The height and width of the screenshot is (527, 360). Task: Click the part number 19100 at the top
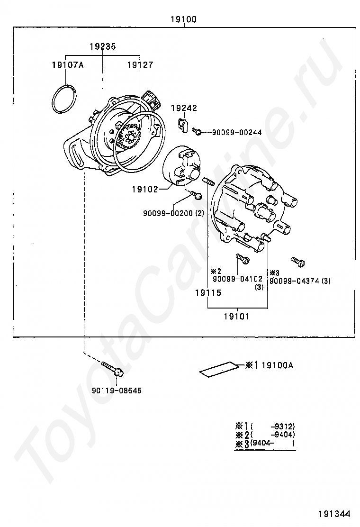click(183, 19)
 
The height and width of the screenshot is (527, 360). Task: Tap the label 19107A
click(68, 65)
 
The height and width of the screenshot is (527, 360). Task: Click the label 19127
click(140, 65)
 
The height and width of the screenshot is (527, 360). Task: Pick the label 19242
click(184, 108)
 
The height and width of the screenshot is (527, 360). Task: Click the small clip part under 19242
click(183, 125)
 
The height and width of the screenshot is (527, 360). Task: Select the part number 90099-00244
click(236, 132)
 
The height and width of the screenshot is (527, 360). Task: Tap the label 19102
click(145, 189)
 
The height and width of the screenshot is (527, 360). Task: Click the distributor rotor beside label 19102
click(182, 168)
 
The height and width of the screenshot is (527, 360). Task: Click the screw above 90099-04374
click(297, 261)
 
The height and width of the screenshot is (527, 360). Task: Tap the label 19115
click(208, 293)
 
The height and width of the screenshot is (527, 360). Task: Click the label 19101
click(236, 317)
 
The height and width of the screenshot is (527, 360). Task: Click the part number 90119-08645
click(117, 391)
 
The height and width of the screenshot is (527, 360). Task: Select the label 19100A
click(277, 365)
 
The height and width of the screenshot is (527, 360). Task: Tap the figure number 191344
click(334, 513)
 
